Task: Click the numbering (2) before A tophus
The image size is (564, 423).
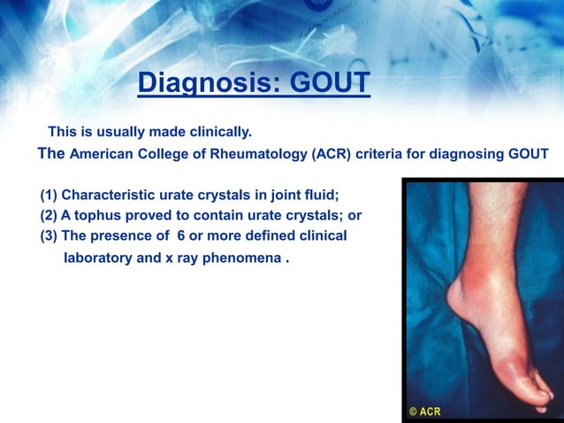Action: (x=49, y=216)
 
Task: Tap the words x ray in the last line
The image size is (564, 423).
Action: (x=187, y=260)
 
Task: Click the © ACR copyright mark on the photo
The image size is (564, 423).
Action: (x=425, y=411)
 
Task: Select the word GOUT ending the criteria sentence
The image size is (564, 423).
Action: (x=528, y=154)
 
